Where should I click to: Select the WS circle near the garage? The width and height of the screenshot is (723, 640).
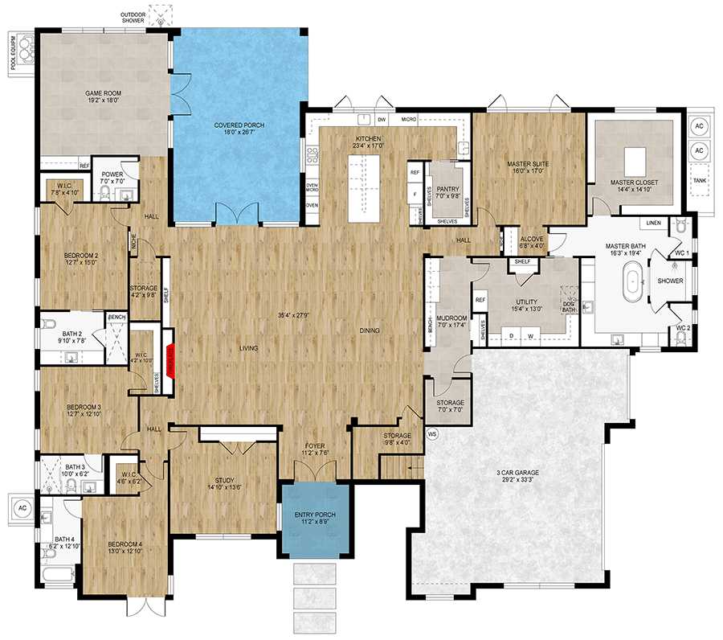point(432,435)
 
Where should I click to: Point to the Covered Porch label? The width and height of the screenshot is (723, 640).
point(239,125)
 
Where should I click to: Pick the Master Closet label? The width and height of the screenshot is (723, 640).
point(633,183)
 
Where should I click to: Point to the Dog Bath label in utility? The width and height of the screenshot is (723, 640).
point(568,306)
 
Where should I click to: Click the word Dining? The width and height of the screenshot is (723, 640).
point(370,330)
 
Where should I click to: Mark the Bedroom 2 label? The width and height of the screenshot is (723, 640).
point(81,256)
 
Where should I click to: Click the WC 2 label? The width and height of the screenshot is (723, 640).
point(683,328)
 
